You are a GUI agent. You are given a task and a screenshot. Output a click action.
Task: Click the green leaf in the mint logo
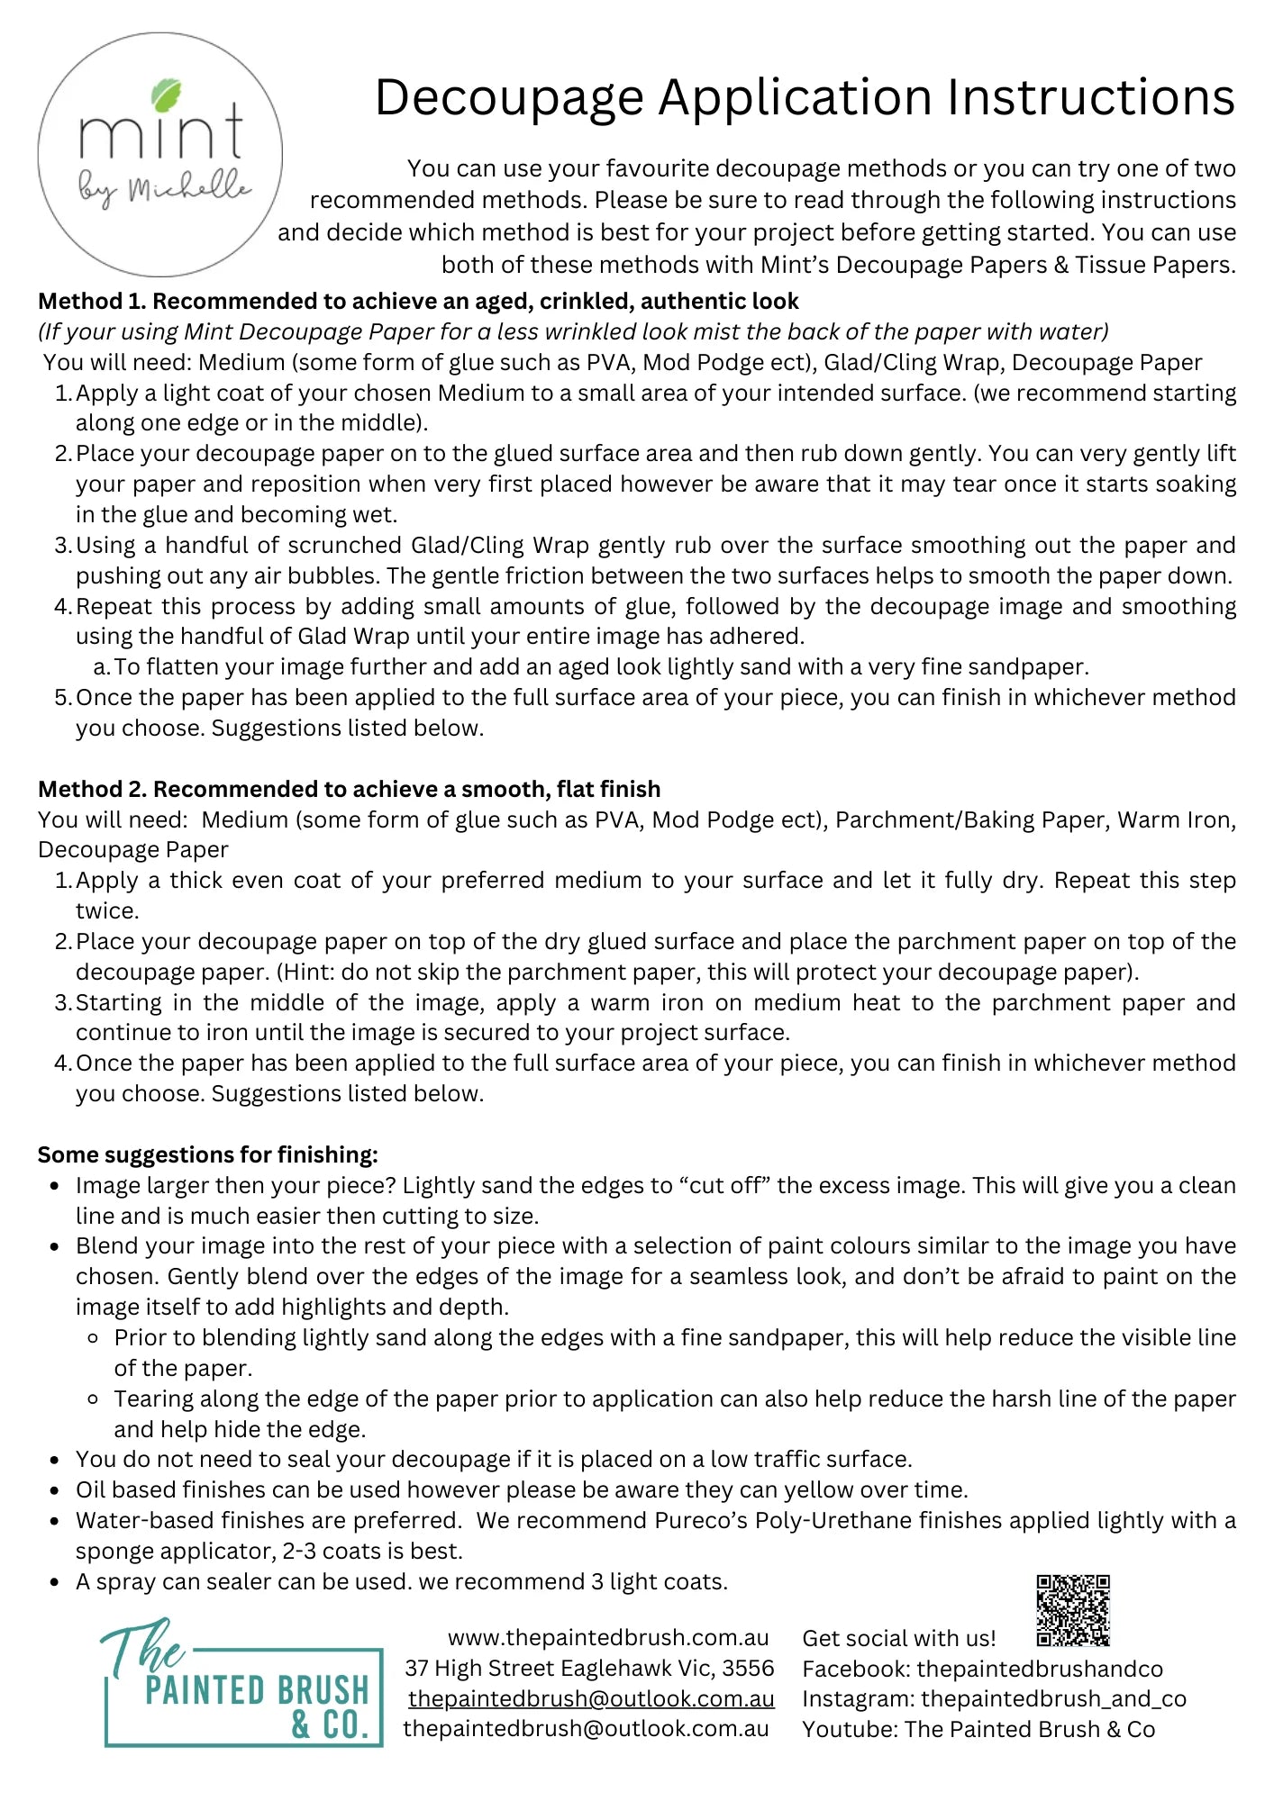pos(167,95)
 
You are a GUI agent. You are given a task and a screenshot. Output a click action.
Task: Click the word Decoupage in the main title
pos(511,97)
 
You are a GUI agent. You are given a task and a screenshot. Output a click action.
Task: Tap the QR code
pos(1072,1610)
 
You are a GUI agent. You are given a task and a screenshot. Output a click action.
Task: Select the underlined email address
pos(591,1698)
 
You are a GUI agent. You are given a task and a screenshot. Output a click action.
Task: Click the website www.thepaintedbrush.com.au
pos(608,1637)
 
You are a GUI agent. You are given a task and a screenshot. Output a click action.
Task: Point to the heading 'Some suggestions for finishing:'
pos(208,1154)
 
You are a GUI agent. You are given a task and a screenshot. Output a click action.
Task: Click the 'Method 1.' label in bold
pos(92,301)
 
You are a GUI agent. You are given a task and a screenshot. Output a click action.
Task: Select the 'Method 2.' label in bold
pos(93,789)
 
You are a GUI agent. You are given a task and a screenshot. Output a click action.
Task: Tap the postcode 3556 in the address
pos(748,1668)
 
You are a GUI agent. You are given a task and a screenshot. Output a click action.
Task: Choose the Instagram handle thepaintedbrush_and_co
pos(1053,1698)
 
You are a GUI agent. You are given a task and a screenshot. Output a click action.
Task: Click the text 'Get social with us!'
pos(898,1638)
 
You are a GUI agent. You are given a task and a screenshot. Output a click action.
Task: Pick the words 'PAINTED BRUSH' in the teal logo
pos(257,1690)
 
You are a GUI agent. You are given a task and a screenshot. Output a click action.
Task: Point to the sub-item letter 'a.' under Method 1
pos(101,667)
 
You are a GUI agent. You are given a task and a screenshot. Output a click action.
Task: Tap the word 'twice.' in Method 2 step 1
pos(107,910)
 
